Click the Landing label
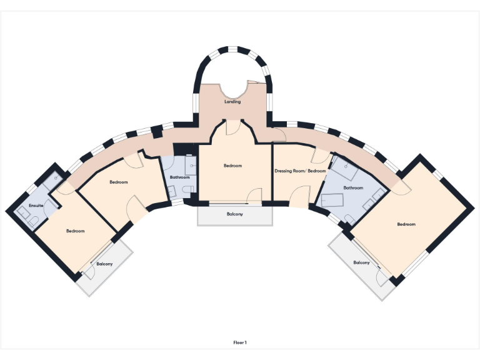tap(232, 102)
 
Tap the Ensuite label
tap(36, 206)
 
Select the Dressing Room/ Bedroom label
tap(300, 171)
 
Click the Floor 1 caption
tap(240, 342)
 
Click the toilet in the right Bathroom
tap(348, 218)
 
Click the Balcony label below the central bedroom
tap(235, 214)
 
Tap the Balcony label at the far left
tap(104, 264)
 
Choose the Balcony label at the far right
tap(361, 262)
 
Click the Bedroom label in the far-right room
tap(406, 224)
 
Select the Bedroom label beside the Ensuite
tap(75, 231)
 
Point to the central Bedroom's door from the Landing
tap(231, 127)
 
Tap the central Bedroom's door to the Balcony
tap(254, 197)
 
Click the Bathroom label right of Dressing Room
tap(353, 187)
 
